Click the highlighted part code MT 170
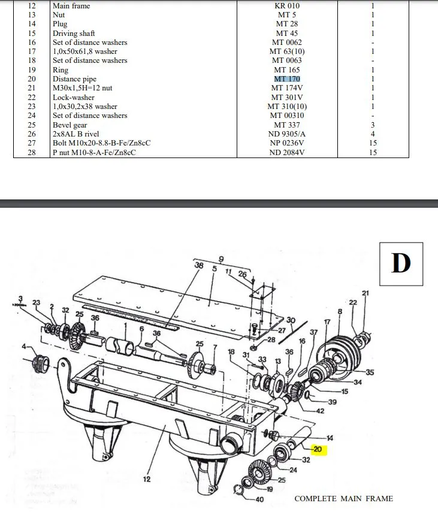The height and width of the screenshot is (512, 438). point(287,79)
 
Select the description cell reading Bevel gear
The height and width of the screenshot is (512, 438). point(70,125)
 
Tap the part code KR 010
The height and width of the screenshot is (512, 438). point(287,6)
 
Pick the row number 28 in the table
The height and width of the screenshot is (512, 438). point(32,153)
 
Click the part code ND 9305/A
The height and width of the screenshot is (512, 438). point(287,134)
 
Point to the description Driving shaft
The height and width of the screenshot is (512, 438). point(74,34)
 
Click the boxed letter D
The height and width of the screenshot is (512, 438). point(401,263)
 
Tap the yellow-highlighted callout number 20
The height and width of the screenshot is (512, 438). point(317,450)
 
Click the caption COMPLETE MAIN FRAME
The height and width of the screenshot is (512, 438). point(344,499)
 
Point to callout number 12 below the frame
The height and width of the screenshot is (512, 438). point(147,479)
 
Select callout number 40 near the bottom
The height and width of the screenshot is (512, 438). point(259,499)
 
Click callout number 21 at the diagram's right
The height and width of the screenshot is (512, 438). point(365,293)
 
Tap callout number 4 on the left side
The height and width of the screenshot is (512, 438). point(24,347)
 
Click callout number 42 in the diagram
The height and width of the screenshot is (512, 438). point(320,411)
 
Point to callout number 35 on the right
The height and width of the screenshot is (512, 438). point(370,372)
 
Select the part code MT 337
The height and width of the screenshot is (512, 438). point(287,125)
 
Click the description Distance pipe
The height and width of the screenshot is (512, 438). point(74,79)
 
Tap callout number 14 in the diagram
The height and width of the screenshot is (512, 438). point(330,438)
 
